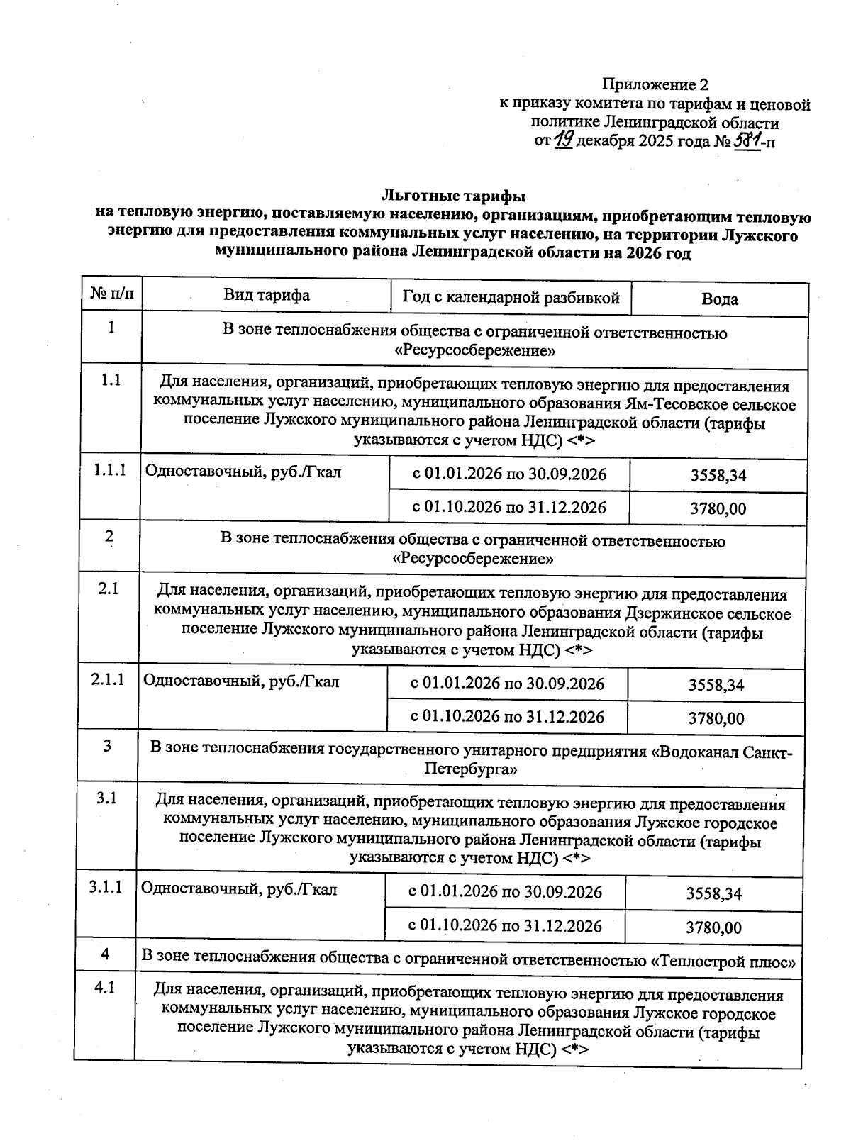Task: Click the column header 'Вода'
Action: [719, 299]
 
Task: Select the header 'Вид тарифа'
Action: [267, 295]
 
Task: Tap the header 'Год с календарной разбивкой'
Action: [511, 297]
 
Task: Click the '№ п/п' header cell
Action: [111, 293]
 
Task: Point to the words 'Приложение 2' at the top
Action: [655, 85]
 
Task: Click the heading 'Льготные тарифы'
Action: [454, 194]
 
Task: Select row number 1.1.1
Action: [110, 470]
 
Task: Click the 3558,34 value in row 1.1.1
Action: [718, 475]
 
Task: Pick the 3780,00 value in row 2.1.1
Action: [716, 718]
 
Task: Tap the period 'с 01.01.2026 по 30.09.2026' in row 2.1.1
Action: [508, 684]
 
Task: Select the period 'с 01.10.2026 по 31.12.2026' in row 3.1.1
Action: [505, 925]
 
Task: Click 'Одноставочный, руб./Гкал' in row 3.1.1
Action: [239, 888]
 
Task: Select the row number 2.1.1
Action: [108, 679]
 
